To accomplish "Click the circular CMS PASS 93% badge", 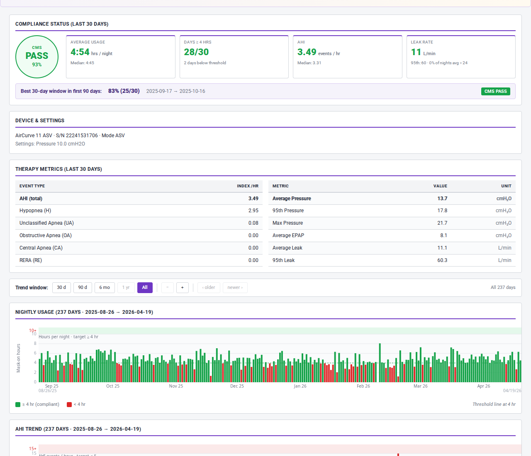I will [37, 57].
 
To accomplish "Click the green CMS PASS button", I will [495, 91].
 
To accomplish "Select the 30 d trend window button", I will [61, 288].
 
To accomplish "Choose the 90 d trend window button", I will [83, 288].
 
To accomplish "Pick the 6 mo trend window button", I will [105, 288].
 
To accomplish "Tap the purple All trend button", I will [145, 288].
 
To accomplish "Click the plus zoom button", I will [182, 288].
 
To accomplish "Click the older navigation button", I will [209, 288].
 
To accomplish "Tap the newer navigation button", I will [235, 288].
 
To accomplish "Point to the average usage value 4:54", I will [80, 52].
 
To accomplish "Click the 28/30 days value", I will [196, 52].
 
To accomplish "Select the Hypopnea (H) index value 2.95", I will [253, 211].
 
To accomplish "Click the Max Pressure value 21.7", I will [442, 223].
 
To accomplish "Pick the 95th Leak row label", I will [283, 260].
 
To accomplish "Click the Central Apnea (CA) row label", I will [41, 248].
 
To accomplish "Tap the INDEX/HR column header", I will [247, 186].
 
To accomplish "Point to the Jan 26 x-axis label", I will [300, 386].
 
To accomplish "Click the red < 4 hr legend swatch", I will [69, 405].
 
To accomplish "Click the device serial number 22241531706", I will [82, 136].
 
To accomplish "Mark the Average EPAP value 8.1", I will [443, 235].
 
